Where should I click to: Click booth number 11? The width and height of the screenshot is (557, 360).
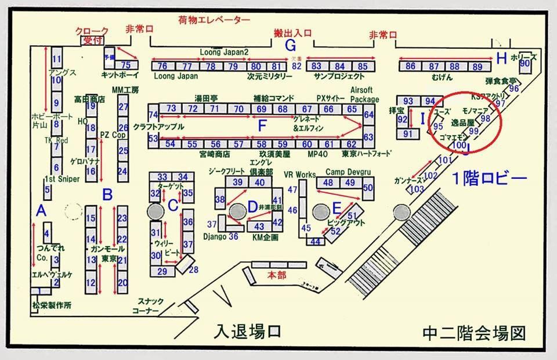pos(56,59)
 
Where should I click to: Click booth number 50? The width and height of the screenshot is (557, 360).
pos(367,188)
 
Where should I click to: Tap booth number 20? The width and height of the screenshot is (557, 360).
pos(122,282)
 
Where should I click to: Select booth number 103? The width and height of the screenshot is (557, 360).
pos(417,189)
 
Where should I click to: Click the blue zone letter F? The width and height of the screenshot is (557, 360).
pos(263,125)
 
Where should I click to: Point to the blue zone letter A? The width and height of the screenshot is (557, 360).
pos(41,210)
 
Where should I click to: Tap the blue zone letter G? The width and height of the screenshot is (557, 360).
pos(291,45)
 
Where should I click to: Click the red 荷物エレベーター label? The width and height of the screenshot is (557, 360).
pos(214,20)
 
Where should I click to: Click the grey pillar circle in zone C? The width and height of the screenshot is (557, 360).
pos(155,211)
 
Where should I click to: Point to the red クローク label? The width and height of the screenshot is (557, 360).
pos(93,30)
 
